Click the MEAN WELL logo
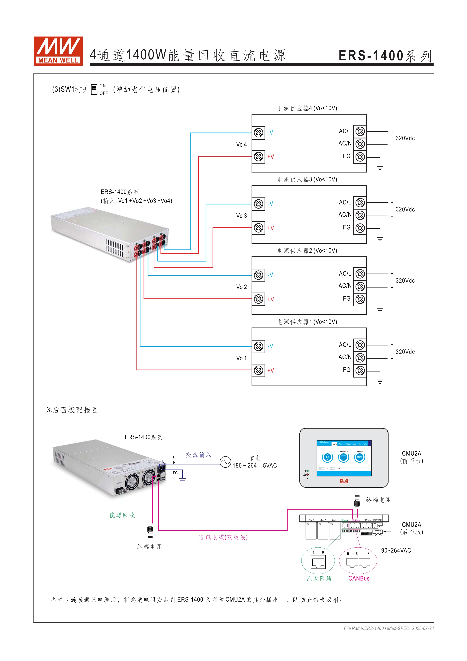(x=58, y=51)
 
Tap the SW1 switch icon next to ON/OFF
(x=94, y=89)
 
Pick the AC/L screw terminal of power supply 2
(x=360, y=274)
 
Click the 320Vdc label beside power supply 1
(x=405, y=352)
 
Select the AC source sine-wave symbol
(x=225, y=462)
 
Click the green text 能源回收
(x=122, y=515)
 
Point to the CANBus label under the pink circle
(x=359, y=579)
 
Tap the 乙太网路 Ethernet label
(x=319, y=579)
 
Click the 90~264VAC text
(x=396, y=550)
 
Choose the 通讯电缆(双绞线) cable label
(x=223, y=537)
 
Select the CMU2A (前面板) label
(x=411, y=457)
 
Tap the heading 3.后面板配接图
(x=72, y=410)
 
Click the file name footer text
(x=388, y=628)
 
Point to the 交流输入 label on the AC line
(x=198, y=455)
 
